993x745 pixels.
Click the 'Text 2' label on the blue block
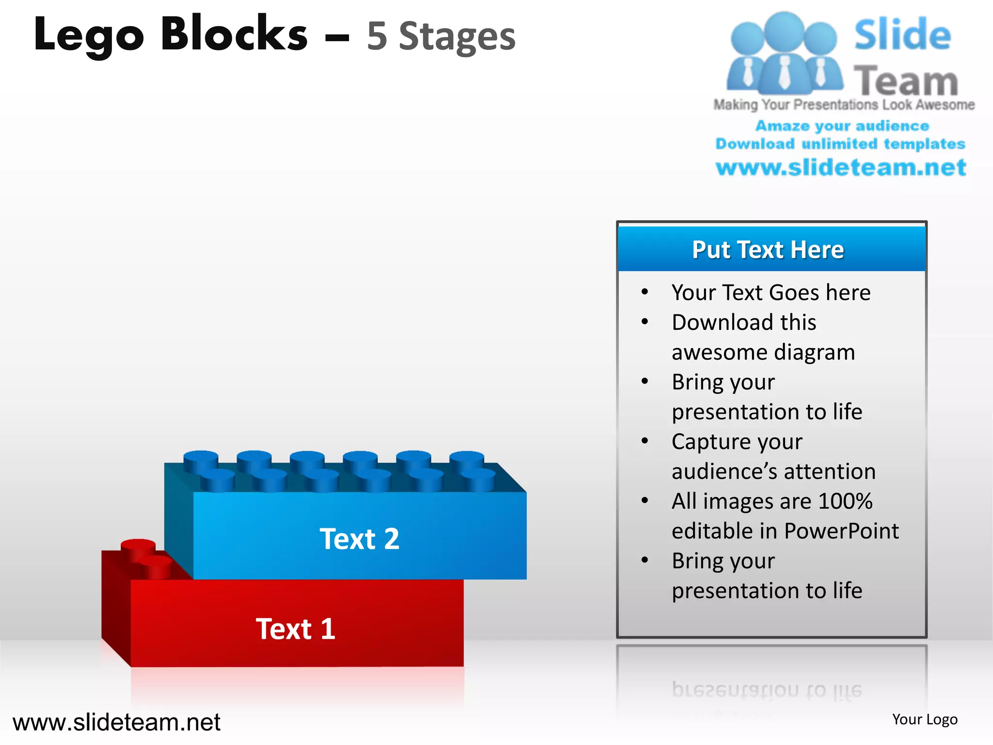click(359, 539)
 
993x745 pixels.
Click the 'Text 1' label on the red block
click(295, 629)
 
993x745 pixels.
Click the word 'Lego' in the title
click(89, 35)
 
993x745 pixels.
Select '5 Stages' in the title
click(441, 36)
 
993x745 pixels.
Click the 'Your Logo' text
click(925, 719)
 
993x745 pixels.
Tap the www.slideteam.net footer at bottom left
click(116, 722)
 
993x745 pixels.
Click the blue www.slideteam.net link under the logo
click(841, 167)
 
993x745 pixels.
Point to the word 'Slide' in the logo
click(902, 35)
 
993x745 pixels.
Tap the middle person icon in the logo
click(784, 53)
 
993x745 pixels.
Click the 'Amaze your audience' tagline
click(842, 126)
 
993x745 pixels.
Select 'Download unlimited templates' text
click(840, 144)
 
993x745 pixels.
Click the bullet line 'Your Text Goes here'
click(771, 292)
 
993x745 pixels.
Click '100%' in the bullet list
click(845, 501)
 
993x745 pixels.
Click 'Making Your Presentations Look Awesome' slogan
click(844, 105)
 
